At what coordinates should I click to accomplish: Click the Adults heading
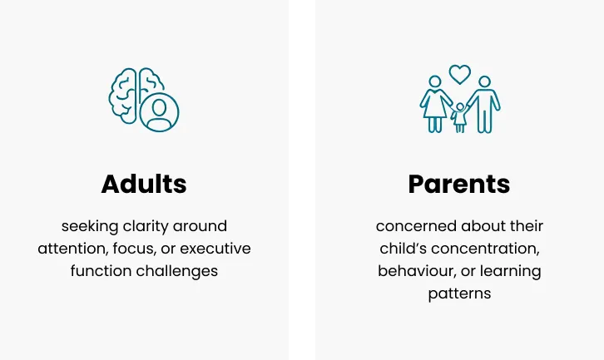pyautogui.click(x=144, y=184)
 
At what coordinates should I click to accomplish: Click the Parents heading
pyautogui.click(x=459, y=184)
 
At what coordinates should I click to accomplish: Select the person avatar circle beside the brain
pyautogui.click(x=159, y=112)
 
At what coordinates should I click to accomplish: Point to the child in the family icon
pyautogui.click(x=459, y=117)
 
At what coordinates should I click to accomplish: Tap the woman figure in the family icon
pyautogui.click(x=435, y=104)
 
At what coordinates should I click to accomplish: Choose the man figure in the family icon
pyautogui.click(x=484, y=104)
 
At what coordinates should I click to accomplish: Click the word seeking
pyautogui.click(x=90, y=227)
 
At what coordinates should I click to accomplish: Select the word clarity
pyautogui.click(x=146, y=226)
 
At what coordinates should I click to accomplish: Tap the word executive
pyautogui.click(x=215, y=249)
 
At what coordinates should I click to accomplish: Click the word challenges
pyautogui.click(x=177, y=272)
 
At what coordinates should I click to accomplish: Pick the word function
pyautogui.click(x=101, y=271)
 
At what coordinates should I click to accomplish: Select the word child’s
pyautogui.click(x=403, y=249)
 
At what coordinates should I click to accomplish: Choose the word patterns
pyautogui.click(x=459, y=294)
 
